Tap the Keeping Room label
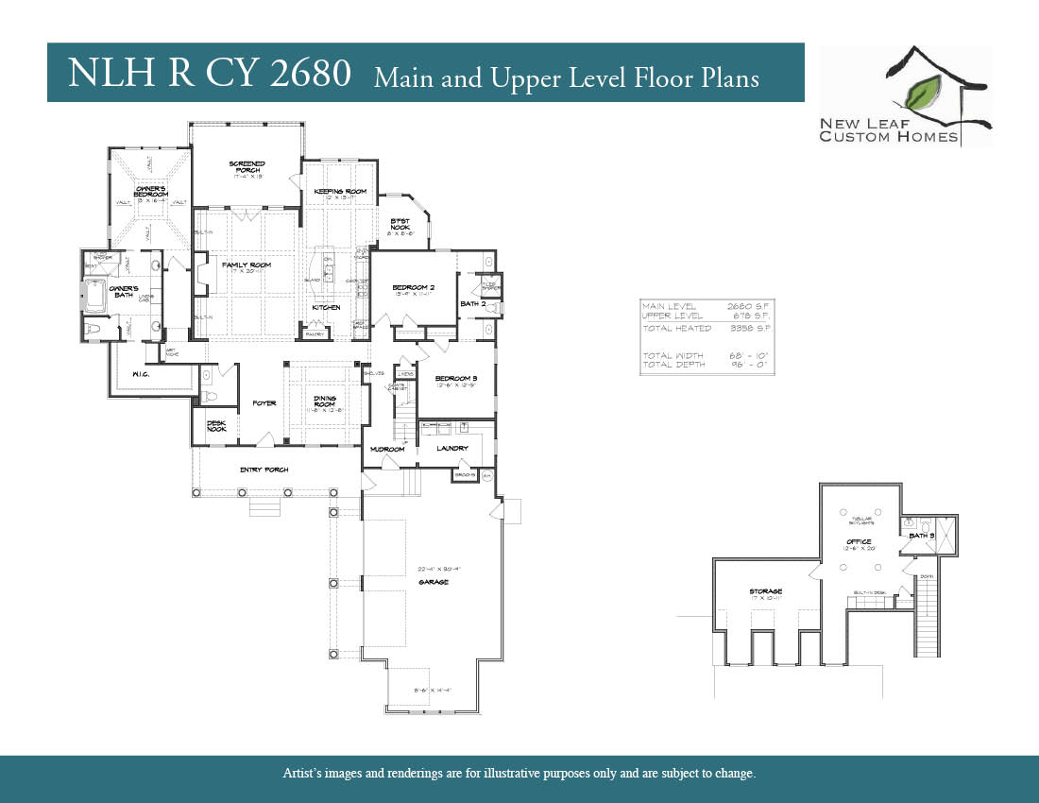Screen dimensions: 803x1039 click(340, 192)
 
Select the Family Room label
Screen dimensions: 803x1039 click(247, 265)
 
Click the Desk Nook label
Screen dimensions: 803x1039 click(217, 426)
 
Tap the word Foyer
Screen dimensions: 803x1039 click(264, 403)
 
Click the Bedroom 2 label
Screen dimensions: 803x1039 click(414, 287)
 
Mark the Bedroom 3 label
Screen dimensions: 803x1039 click(456, 378)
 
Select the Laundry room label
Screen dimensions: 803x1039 click(452, 448)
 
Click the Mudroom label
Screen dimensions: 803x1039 click(387, 449)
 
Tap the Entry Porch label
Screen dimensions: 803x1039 click(264, 470)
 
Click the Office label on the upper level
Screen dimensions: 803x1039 click(859, 542)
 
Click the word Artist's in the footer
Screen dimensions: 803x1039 click(303, 774)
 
